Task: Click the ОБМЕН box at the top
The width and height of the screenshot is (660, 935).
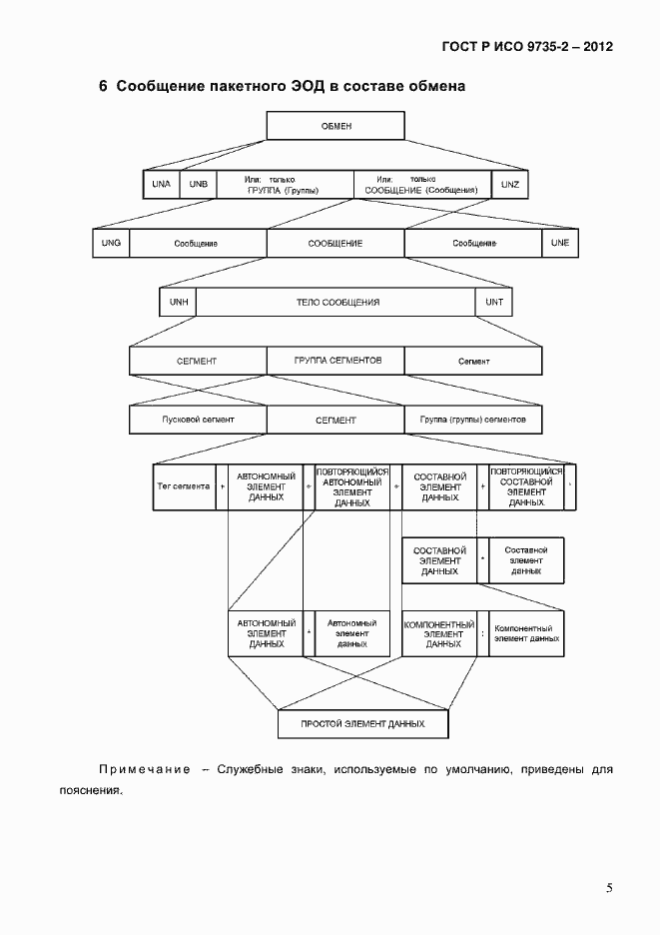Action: (x=335, y=126)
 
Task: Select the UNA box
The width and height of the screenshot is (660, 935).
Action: (x=161, y=185)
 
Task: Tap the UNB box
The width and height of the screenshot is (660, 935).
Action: (x=198, y=185)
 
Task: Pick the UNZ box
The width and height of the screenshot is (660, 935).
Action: (x=509, y=185)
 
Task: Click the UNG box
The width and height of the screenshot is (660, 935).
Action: (x=111, y=243)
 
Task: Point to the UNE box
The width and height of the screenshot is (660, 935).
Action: (x=559, y=243)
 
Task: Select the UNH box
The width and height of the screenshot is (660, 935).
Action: (x=178, y=301)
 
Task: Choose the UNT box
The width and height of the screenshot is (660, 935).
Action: (x=494, y=301)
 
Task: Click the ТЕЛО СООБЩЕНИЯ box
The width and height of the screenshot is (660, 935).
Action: (x=337, y=301)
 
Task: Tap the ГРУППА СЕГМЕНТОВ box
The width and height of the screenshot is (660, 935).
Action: (x=336, y=360)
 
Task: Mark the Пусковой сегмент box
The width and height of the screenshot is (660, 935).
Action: (x=198, y=420)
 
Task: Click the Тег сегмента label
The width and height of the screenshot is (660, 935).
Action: (x=183, y=486)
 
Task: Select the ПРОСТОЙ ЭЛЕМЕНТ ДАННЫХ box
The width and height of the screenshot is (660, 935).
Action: (x=362, y=723)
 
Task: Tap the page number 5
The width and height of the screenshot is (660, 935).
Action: (x=609, y=887)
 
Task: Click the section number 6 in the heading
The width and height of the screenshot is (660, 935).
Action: (x=103, y=86)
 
